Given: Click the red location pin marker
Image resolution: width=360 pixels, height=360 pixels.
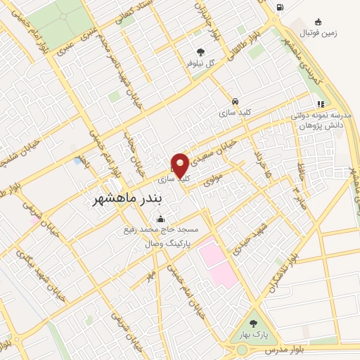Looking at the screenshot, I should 180,166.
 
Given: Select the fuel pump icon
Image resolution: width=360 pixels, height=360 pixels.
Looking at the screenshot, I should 281,8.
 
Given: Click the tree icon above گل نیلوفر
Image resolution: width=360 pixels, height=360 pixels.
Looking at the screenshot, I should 201,51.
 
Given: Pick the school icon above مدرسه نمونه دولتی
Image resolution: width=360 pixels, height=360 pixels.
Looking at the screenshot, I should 320,104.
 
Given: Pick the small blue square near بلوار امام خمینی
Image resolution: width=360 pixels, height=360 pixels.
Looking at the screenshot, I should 77,161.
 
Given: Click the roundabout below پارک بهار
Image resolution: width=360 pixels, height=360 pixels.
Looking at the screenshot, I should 242,349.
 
